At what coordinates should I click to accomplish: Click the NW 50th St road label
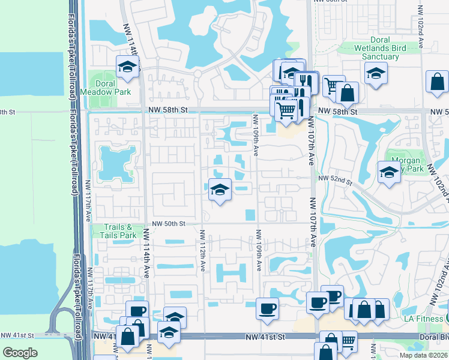[170, 223]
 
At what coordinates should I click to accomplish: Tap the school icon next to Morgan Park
[389, 172]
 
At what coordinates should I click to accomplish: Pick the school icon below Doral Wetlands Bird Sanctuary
[376, 73]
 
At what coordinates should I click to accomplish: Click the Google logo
[20, 352]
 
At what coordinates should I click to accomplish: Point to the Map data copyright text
[422, 355]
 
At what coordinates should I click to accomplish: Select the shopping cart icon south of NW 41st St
[348, 341]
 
